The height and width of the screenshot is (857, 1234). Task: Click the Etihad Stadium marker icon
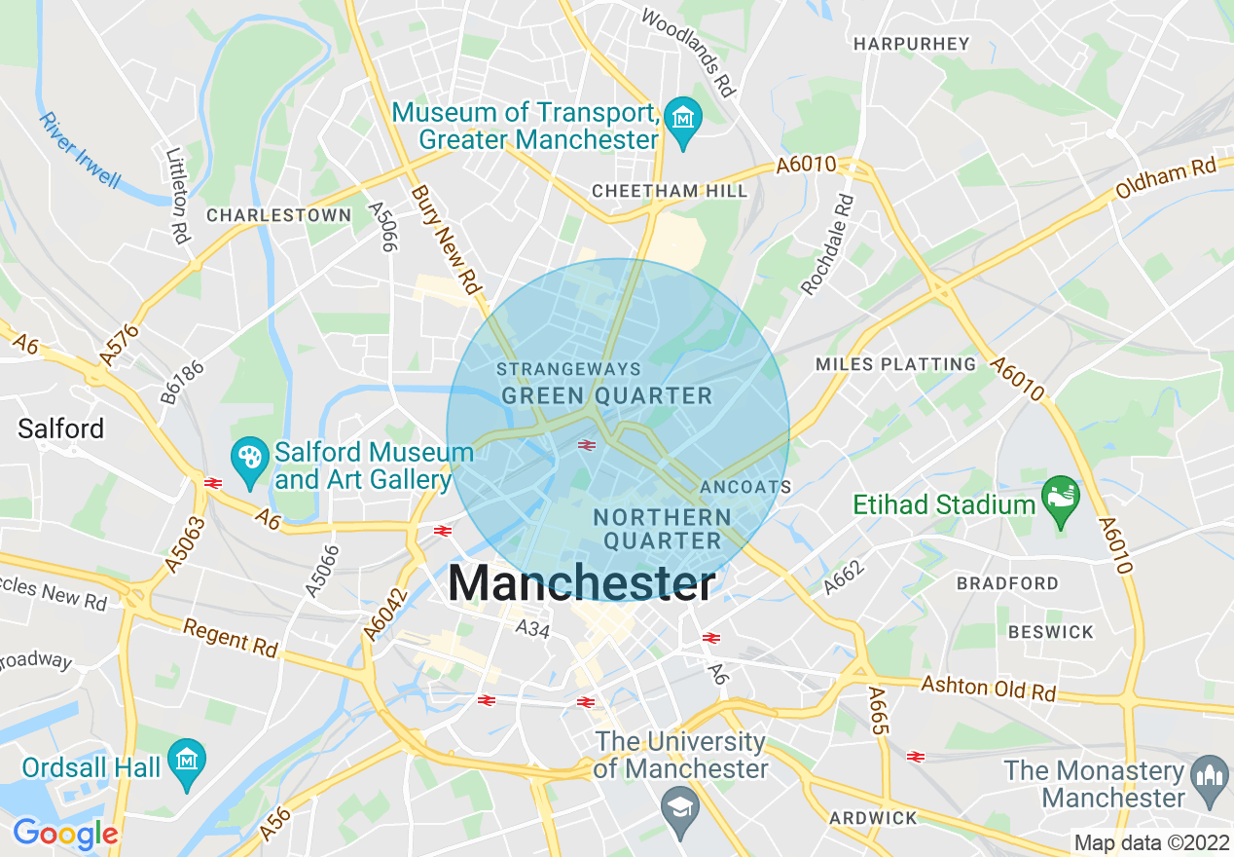tap(1060, 496)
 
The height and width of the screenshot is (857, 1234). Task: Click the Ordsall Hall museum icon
tap(185, 759)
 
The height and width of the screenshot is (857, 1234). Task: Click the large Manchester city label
tap(581, 584)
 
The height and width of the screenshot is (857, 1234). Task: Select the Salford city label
tap(60, 428)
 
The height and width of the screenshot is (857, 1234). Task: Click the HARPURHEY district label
tap(911, 44)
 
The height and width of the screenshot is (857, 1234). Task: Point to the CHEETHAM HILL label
tap(670, 191)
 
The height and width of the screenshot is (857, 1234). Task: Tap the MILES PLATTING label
tap(895, 364)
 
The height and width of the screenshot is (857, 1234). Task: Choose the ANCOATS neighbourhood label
tap(745, 486)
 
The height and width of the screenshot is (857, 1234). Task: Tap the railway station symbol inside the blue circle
tap(586, 445)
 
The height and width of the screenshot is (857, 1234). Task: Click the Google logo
tap(65, 834)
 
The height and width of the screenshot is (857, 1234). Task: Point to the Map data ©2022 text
tap(1150, 842)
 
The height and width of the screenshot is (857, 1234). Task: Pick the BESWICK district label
tap(1050, 632)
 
